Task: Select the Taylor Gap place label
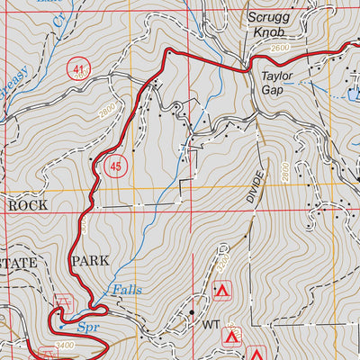click(278, 84)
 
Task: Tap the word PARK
click(89, 261)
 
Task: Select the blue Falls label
click(125, 290)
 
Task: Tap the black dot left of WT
click(191, 313)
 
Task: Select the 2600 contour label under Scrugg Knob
click(279, 47)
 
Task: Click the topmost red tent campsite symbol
click(221, 291)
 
